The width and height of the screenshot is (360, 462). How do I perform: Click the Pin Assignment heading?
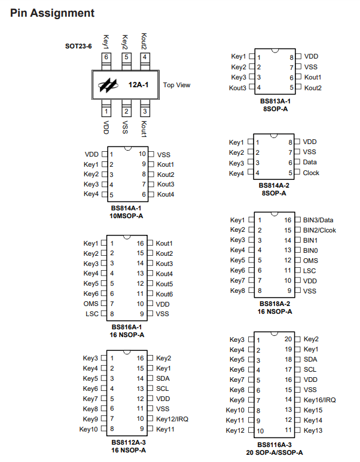pos(52,13)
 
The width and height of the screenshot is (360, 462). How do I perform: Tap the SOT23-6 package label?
pos(78,46)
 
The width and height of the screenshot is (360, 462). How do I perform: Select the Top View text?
pos(176,85)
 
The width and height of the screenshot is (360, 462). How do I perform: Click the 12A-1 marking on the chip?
pos(138,85)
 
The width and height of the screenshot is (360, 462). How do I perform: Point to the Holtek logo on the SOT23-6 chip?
pos(108,85)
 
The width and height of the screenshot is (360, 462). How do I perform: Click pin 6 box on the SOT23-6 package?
pos(106,57)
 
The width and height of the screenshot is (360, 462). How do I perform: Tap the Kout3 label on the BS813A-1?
pos(237,88)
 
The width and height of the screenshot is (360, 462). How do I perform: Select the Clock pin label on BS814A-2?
pos(311,173)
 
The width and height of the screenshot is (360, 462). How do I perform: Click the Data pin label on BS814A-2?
pos(310,162)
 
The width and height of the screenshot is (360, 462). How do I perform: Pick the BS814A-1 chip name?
pos(126,208)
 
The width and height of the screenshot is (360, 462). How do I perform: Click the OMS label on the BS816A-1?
pos(91,304)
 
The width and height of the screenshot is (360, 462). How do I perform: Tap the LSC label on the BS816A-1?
pos(92,314)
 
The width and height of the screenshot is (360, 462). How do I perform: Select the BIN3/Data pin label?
pos(318,220)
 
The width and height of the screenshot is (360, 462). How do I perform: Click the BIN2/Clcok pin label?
pos(319,230)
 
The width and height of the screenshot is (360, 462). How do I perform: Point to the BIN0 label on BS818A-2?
pos(310,250)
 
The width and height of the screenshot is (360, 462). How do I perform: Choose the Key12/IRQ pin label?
pos(172,419)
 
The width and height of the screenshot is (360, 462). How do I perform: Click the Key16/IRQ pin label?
pos(319,400)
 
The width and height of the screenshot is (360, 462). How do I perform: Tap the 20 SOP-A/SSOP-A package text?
pos(274,452)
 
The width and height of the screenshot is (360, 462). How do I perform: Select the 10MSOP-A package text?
pos(126,216)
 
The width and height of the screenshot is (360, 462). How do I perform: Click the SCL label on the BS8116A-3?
pos(310,369)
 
